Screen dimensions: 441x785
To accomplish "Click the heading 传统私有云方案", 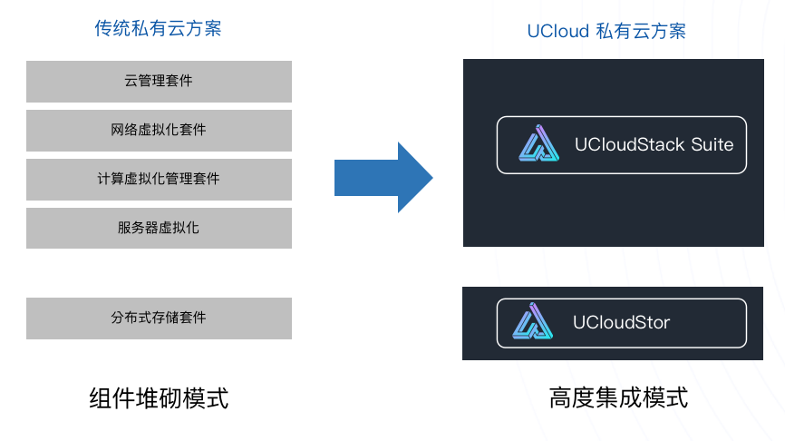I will [x=158, y=29].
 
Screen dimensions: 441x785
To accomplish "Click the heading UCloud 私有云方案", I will [x=606, y=32].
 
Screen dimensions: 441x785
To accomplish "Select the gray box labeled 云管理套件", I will [x=159, y=82].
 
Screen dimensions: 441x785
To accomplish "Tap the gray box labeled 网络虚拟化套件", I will [x=159, y=131].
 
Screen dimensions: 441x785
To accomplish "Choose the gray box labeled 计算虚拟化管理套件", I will [x=159, y=179].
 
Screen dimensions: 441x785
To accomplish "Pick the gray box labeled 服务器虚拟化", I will [x=159, y=228].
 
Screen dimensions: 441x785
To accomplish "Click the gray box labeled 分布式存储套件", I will [x=159, y=318].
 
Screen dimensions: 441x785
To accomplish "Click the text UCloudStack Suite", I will [x=654, y=144].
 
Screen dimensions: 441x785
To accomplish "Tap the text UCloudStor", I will [x=622, y=322].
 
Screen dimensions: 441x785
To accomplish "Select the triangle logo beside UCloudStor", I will [x=533, y=322].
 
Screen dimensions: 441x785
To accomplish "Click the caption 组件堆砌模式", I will [x=159, y=397].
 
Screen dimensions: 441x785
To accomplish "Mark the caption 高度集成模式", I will [x=618, y=397].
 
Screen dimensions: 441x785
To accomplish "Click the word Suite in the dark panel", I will [x=712, y=144].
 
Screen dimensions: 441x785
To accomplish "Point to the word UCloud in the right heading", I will [x=557, y=32].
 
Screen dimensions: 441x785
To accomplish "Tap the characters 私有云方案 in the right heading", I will [x=641, y=32].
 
